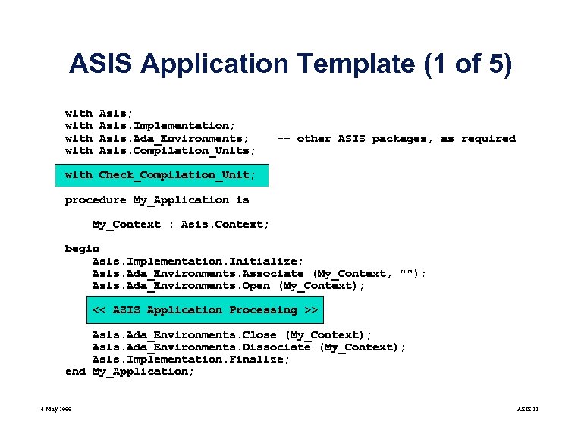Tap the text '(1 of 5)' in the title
coord(468,64)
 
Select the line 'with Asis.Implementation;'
coord(150,125)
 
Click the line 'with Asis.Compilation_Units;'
coord(160,150)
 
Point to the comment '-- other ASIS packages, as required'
coord(395,138)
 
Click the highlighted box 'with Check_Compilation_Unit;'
coord(160,175)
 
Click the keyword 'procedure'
coord(96,199)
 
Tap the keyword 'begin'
coord(82,248)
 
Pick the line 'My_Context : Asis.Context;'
coord(181,224)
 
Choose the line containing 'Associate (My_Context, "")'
coord(259,273)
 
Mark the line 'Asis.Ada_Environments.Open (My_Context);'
coord(228,285)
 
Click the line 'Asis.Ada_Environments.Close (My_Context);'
coord(232,334)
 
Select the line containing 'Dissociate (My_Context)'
coord(249,347)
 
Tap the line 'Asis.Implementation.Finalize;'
coord(190,359)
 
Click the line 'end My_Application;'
coord(130,371)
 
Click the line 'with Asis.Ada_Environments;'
coord(157,138)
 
